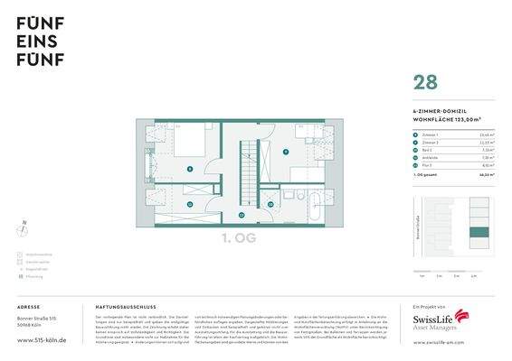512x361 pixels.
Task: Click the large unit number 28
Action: (x=424, y=82)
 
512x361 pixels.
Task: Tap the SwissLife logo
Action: (x=441, y=321)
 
